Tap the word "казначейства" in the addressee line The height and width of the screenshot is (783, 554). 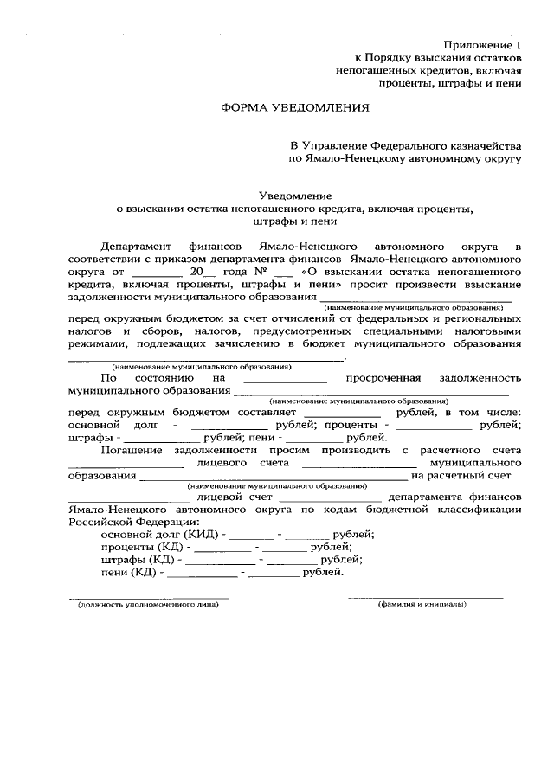[x=479, y=145]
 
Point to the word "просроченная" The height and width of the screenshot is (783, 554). [x=383, y=378]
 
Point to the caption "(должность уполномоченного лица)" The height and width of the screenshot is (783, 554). [x=148, y=604]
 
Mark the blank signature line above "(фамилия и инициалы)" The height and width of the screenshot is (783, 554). [x=425, y=597]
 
